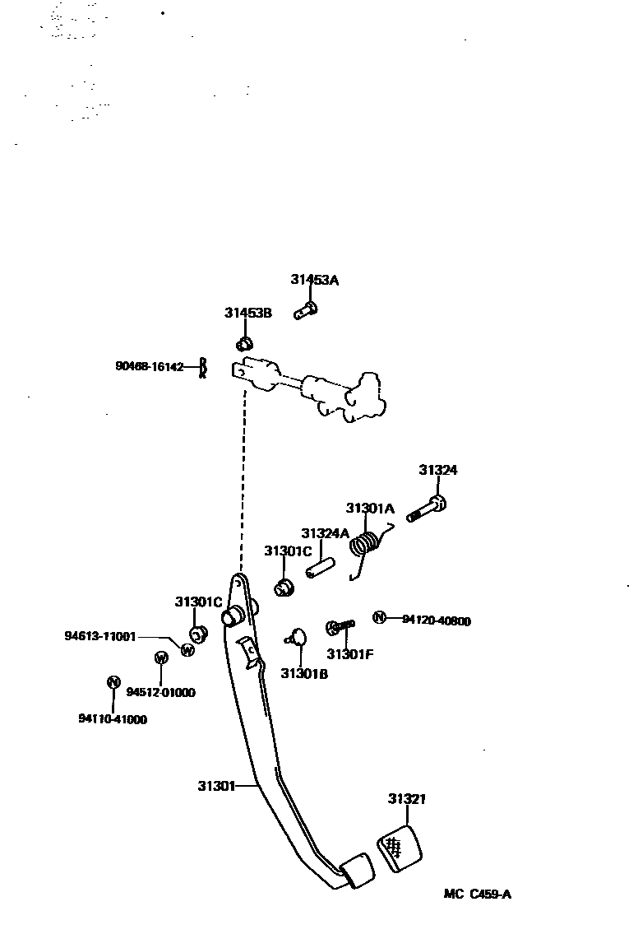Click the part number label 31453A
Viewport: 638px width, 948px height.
pyautogui.click(x=314, y=280)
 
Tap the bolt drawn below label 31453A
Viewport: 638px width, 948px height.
pyautogui.click(x=307, y=309)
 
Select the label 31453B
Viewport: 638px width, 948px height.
pyautogui.click(x=247, y=313)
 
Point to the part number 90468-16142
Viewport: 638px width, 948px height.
pyautogui.click(x=149, y=367)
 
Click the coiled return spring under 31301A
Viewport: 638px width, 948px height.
pyautogui.click(x=367, y=545)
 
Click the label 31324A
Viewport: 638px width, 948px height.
pyautogui.click(x=325, y=533)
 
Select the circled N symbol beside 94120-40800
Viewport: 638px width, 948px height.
pyautogui.click(x=379, y=618)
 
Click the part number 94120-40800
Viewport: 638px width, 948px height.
pyautogui.click(x=437, y=621)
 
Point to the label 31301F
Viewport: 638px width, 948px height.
pyautogui.click(x=349, y=654)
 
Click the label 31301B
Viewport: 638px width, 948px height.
pyautogui.click(x=304, y=673)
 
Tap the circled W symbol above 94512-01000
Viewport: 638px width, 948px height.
pyautogui.click(x=161, y=658)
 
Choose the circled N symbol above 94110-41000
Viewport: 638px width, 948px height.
pyautogui.click(x=113, y=681)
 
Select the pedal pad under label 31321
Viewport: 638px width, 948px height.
pyautogui.click(x=400, y=845)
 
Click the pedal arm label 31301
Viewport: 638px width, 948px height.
pyautogui.click(x=215, y=786)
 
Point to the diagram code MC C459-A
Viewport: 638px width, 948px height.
pyautogui.click(x=477, y=895)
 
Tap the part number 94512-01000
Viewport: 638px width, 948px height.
pyautogui.click(x=160, y=693)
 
